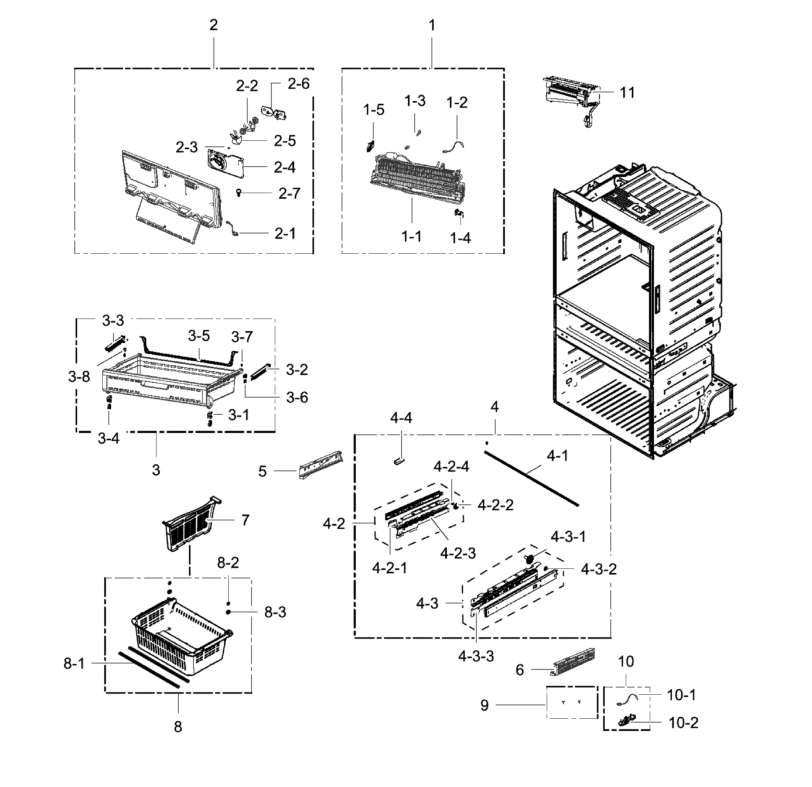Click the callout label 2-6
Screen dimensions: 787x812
point(298,84)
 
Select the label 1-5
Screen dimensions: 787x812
point(374,110)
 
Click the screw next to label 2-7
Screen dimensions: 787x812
point(239,193)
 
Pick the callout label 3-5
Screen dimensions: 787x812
point(199,336)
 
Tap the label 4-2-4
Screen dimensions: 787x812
point(451,467)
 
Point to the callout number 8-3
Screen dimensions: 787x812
point(275,612)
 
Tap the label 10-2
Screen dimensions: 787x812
point(683,723)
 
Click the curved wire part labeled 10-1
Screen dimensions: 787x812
point(627,699)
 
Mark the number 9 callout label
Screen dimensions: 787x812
point(484,705)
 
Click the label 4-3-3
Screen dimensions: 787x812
point(476,656)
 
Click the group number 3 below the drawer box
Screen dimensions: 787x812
point(156,470)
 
